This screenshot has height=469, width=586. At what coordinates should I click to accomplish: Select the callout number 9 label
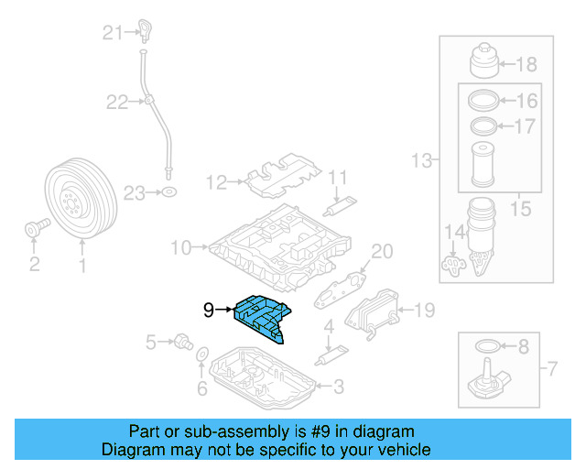click(209, 311)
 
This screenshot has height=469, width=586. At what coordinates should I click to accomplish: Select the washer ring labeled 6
click(202, 354)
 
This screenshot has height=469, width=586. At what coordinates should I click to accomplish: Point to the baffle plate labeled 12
click(278, 180)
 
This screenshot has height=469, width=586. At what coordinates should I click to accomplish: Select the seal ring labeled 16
click(483, 101)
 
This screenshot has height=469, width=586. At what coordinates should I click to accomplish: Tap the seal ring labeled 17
click(483, 125)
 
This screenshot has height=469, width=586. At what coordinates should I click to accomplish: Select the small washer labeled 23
click(168, 192)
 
